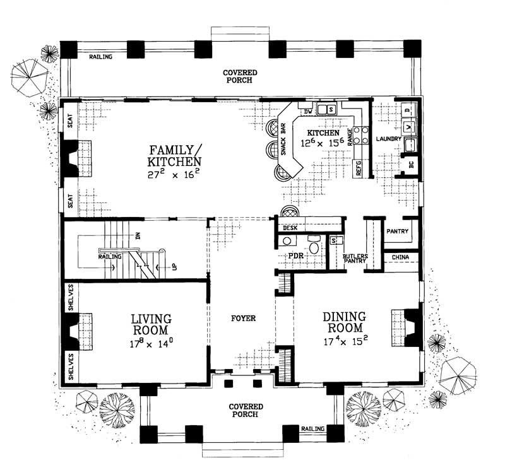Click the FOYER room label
click(x=243, y=319)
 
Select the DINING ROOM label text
click(x=343, y=322)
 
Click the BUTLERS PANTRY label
click(x=355, y=260)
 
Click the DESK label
click(x=290, y=228)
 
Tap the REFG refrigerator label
click(x=357, y=169)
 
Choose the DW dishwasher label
click(x=308, y=112)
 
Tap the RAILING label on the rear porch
click(x=100, y=57)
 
